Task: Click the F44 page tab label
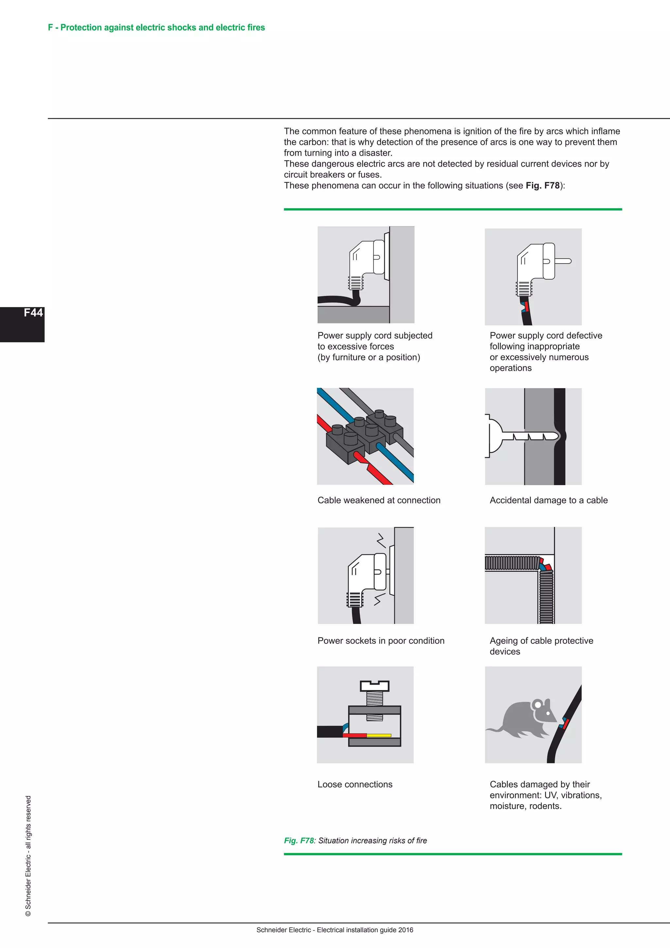pos(33,313)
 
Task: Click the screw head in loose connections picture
pos(374,686)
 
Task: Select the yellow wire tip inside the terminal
pos(379,735)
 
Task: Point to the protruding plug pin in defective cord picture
pos(563,261)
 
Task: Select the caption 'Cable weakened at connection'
pos(379,501)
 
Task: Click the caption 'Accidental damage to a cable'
pos(548,501)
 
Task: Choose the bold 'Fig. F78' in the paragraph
pos(542,186)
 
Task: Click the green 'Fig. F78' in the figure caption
pos(299,841)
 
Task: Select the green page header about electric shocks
pos(156,28)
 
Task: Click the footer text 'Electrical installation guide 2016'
pos(365,930)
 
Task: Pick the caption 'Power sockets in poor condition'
pos(381,641)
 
